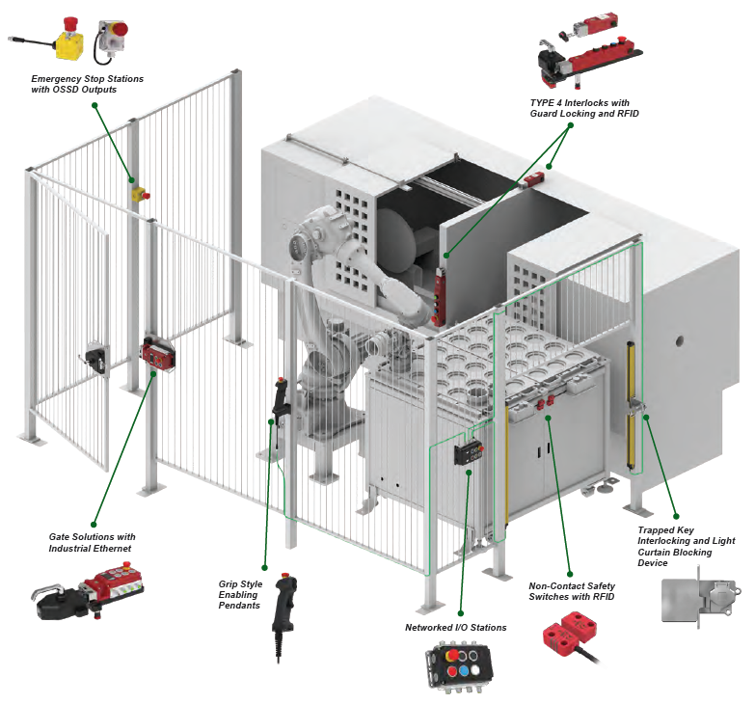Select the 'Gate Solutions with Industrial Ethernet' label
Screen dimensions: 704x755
pos(92,542)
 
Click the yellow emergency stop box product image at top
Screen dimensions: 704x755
pos(69,41)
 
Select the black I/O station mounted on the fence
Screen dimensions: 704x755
pos(470,453)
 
